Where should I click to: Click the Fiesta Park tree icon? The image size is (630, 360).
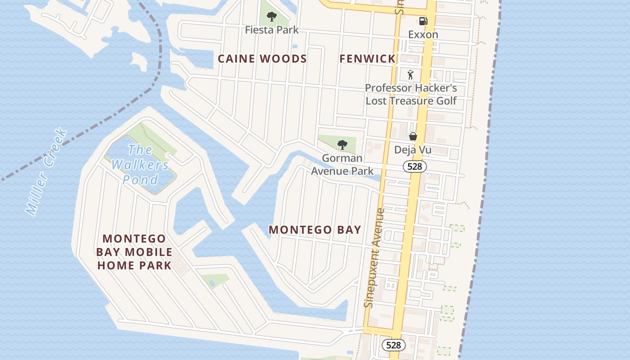[271, 17]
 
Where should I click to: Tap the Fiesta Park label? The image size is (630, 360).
[272, 30]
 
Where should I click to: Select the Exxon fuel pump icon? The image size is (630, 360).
[423, 21]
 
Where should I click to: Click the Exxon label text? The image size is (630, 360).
[423, 34]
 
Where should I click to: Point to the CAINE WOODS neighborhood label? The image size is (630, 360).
[262, 58]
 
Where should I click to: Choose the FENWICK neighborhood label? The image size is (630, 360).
[367, 58]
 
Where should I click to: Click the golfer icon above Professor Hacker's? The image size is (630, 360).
[410, 75]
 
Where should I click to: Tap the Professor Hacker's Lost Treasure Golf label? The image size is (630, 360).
[411, 94]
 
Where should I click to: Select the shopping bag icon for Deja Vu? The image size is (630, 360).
[413, 136]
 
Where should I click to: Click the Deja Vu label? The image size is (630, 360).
[413, 150]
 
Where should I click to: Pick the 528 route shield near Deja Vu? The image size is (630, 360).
[414, 166]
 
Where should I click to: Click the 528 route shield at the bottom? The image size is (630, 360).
[393, 345]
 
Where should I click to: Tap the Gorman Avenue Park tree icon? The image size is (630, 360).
[342, 144]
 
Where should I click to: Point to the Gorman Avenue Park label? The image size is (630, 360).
[342, 164]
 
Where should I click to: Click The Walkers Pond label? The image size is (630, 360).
[140, 165]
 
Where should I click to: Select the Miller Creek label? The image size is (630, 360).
[46, 172]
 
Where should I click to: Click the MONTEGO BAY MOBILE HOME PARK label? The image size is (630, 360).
[135, 252]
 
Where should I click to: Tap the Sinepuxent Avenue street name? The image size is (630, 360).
[374, 258]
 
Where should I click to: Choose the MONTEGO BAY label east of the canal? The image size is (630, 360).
[315, 229]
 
